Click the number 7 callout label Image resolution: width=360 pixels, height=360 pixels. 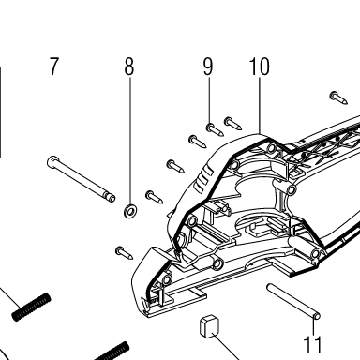(54, 67)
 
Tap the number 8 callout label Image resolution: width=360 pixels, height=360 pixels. (129, 67)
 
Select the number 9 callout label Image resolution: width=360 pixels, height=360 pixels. (208, 67)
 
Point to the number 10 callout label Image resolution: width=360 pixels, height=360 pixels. (259, 67)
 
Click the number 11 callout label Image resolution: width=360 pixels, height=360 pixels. (313, 344)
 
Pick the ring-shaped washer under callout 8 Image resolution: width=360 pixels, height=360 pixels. (130, 211)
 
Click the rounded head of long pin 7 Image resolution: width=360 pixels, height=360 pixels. (52, 161)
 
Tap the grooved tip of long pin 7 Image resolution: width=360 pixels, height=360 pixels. (111, 197)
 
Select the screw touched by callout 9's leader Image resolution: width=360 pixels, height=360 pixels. (215, 129)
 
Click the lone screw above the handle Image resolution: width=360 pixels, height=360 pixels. (338, 97)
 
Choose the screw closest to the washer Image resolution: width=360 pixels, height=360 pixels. (155, 197)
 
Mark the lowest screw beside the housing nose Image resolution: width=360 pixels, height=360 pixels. (124, 252)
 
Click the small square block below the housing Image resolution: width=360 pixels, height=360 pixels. (209, 326)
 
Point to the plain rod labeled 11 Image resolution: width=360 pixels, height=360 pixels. (292, 301)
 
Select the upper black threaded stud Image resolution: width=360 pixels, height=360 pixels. (31, 307)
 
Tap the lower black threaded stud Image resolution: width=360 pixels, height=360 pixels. (112, 352)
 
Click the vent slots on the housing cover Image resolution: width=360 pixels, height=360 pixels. (203, 180)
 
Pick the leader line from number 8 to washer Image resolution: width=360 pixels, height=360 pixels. (130, 140)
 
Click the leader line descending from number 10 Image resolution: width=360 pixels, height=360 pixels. (260, 105)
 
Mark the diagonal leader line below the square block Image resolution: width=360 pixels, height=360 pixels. (225, 347)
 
